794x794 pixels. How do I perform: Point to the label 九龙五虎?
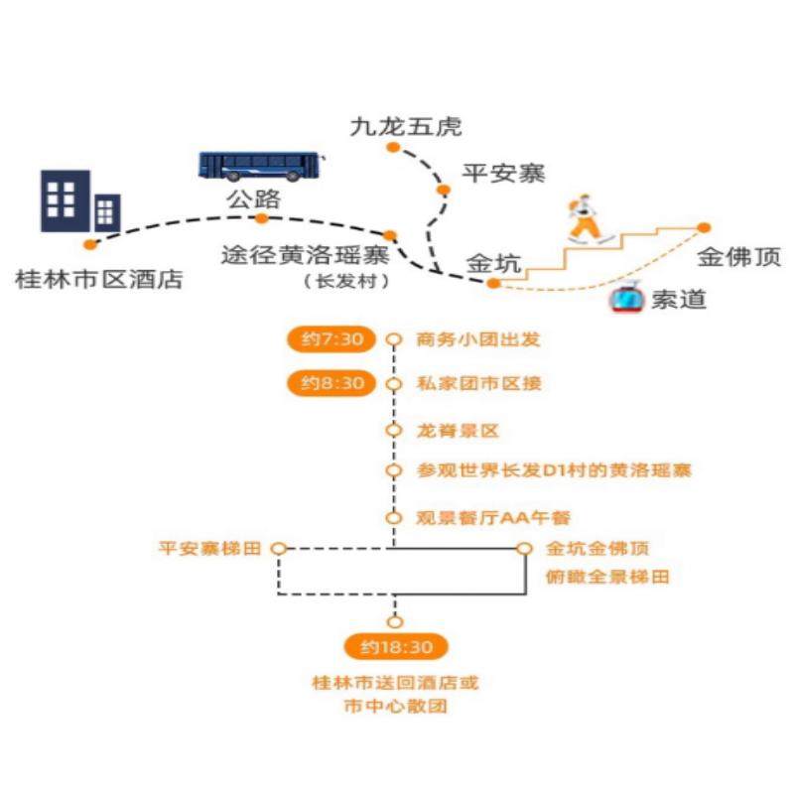(x=406, y=127)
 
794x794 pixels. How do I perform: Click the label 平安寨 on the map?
(x=504, y=173)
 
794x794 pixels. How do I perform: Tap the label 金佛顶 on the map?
(x=738, y=258)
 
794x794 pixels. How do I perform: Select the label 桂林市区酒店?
(x=99, y=279)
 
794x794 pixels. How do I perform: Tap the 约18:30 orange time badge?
(x=396, y=648)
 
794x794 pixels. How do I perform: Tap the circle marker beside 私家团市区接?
(x=394, y=384)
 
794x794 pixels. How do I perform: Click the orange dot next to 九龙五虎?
(x=393, y=148)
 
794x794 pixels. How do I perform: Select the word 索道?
(x=678, y=299)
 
